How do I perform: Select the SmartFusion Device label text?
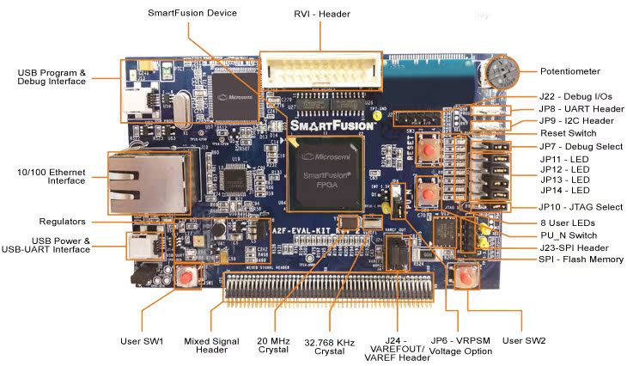[192, 13]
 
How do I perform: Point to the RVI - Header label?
[318, 13]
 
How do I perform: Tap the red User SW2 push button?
[466, 278]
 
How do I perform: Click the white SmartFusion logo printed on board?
[331, 125]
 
